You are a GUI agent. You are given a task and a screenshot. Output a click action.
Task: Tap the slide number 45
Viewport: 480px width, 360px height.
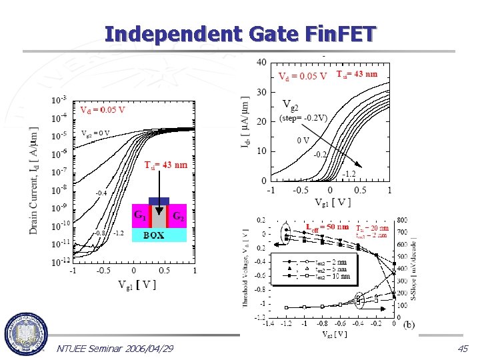(x=462, y=348)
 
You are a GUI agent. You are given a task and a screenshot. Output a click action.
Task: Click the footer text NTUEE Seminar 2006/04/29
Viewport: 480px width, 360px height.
(x=115, y=348)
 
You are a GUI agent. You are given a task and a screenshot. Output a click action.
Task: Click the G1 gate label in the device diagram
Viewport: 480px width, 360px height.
(x=141, y=215)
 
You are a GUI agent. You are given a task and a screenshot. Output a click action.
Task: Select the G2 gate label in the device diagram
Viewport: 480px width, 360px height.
(x=178, y=215)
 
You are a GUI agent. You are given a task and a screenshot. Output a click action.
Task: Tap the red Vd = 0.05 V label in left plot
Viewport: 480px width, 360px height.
(x=103, y=109)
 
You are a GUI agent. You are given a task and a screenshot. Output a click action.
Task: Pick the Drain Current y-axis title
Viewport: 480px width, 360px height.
(x=34, y=180)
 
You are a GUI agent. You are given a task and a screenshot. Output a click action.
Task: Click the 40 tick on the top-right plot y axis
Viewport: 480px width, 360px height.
(x=261, y=62)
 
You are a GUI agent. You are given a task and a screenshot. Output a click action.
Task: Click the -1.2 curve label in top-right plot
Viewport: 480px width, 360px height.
(x=349, y=174)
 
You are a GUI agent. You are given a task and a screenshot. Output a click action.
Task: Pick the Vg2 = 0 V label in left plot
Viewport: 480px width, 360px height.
(x=95, y=133)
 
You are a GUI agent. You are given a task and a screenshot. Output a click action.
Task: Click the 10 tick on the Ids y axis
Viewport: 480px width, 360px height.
(x=261, y=151)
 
